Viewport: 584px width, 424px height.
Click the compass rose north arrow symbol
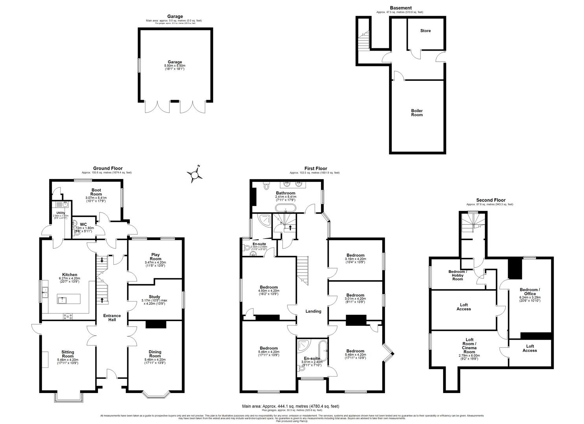click(194, 174)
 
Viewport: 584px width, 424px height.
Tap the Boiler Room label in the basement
click(417, 113)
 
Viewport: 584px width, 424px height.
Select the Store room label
click(425, 31)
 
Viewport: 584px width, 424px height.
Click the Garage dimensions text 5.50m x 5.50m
click(175, 66)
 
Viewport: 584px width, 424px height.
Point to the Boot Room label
click(96, 192)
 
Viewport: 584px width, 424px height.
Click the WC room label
click(83, 225)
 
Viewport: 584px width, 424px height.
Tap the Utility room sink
click(60, 204)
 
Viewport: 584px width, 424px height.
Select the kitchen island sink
click(63, 300)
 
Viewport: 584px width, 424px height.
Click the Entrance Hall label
click(112, 318)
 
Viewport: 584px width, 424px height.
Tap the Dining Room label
click(155, 354)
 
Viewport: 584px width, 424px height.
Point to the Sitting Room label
click(68, 354)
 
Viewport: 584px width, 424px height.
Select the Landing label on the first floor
click(313, 311)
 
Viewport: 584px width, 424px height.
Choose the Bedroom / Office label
click(530, 292)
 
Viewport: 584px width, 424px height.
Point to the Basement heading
click(400, 8)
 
